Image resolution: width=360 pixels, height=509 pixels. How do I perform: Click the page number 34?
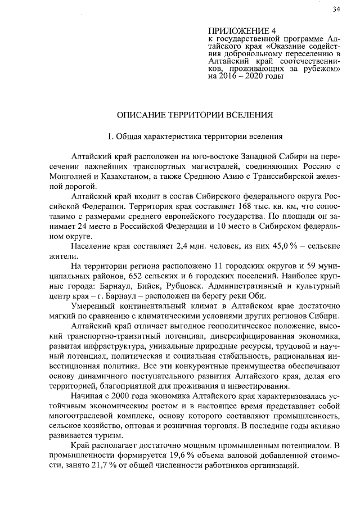tap(336, 8)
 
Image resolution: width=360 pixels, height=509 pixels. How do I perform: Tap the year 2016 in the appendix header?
tap(227, 75)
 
